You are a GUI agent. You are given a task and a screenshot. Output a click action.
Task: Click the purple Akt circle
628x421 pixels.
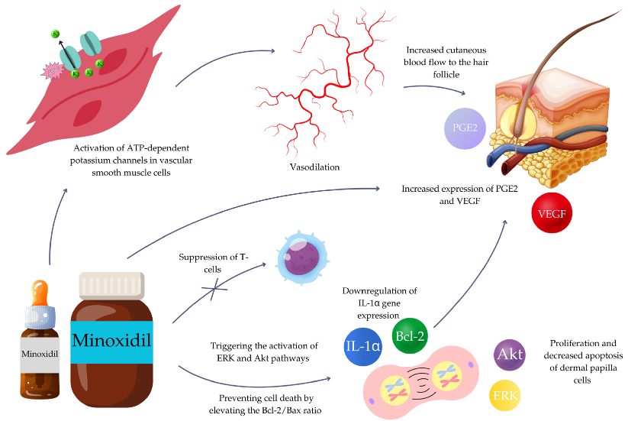point(510,355)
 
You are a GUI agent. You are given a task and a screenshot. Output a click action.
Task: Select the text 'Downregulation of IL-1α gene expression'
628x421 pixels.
point(380,302)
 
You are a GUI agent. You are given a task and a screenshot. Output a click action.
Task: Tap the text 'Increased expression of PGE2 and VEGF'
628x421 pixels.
point(455,193)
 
